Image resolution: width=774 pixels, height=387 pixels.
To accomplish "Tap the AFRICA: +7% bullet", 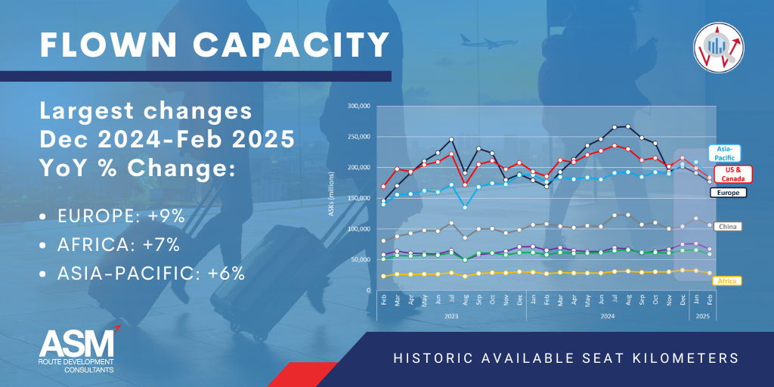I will (x=118, y=245).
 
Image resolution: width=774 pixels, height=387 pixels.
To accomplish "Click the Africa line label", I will (x=728, y=280).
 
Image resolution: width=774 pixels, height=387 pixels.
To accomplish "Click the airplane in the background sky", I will (x=481, y=39).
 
